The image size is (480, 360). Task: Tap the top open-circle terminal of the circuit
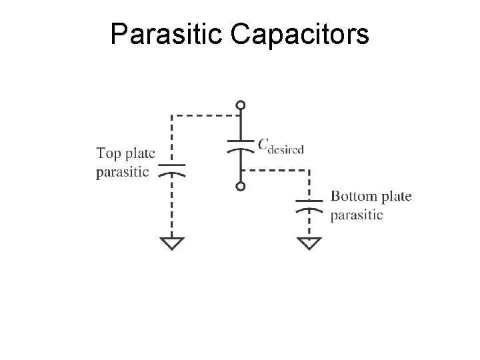click(x=240, y=105)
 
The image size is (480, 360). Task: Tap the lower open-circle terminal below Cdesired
click(x=240, y=187)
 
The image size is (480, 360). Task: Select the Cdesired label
click(x=281, y=145)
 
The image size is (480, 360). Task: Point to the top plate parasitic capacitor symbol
click(x=172, y=169)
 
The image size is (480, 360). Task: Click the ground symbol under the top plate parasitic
click(x=172, y=243)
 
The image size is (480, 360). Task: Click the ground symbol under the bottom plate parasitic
click(x=308, y=243)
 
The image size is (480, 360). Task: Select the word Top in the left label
click(x=109, y=154)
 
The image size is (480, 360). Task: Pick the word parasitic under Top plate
click(x=123, y=172)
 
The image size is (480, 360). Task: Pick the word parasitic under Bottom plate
click(x=357, y=215)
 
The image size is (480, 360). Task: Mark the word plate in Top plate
click(x=140, y=154)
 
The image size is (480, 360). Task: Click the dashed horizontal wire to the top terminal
click(x=203, y=115)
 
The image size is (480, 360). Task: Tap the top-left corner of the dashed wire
click(x=172, y=115)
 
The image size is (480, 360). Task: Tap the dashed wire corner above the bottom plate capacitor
click(x=308, y=169)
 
